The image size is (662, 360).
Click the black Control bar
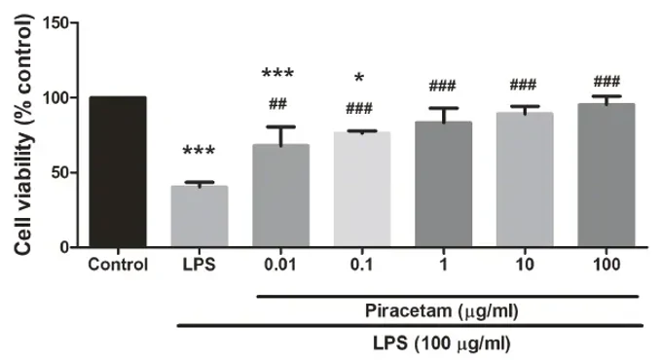(x=118, y=172)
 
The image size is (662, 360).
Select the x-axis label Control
(x=117, y=265)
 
